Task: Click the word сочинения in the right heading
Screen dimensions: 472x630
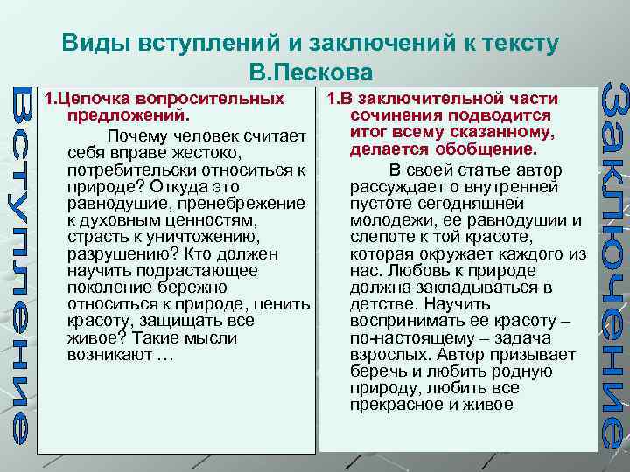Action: tap(387, 115)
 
